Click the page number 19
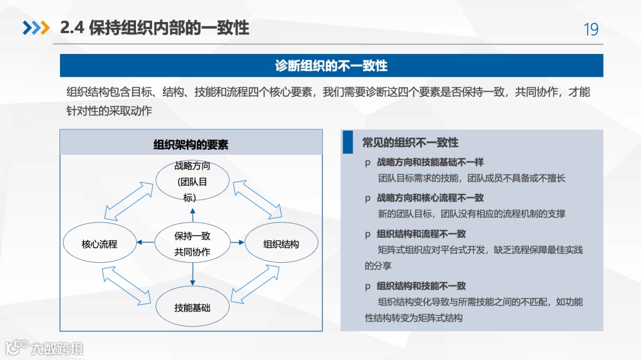591,29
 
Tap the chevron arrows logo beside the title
36,28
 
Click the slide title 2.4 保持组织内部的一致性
154,28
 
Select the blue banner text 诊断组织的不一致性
331,65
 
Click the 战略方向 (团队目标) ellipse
192,180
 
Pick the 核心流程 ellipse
100,244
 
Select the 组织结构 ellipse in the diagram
281,244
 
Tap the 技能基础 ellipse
192,308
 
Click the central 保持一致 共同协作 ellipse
192,244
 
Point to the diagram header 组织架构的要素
191,145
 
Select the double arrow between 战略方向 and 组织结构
258,199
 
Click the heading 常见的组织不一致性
410,142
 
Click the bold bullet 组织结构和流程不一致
421,234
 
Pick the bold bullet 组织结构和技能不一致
421,286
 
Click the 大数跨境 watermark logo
45,348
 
